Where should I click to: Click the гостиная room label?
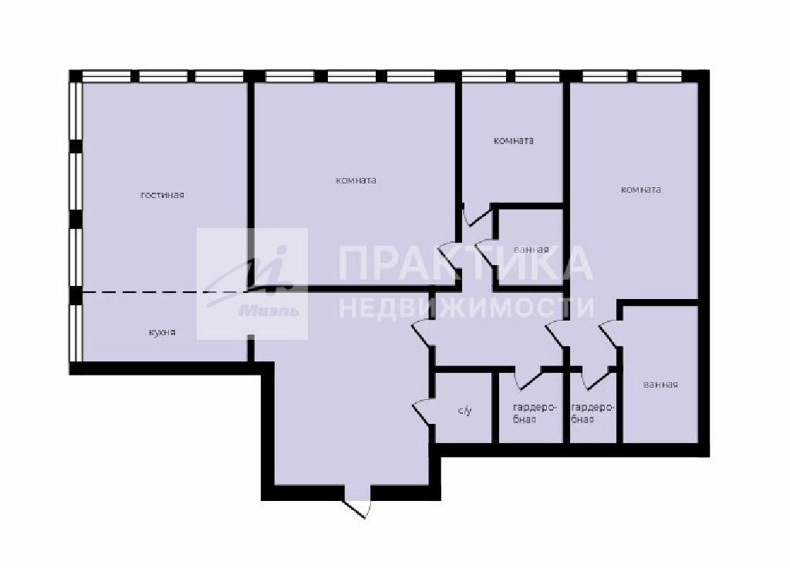(162, 195)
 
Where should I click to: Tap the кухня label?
(162, 332)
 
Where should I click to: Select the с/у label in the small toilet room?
(465, 411)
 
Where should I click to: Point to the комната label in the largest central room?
(356, 180)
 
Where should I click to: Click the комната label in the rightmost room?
(641, 190)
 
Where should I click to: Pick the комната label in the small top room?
(513, 140)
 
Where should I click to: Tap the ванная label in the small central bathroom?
(531, 250)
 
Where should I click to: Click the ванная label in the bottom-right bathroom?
(660, 385)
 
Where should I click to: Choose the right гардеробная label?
(592, 413)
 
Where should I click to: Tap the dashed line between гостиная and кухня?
(165, 292)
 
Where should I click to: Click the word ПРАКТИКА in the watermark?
(465, 263)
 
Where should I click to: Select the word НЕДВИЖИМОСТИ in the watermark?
(466, 307)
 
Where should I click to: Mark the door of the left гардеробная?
(528, 378)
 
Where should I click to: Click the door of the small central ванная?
(486, 250)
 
